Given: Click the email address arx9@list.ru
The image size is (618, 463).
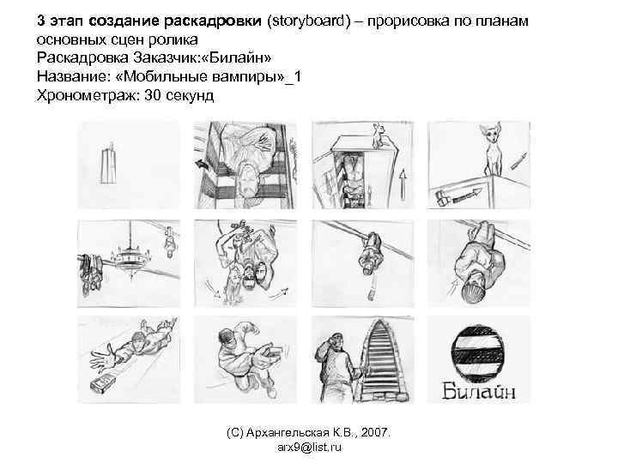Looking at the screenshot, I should pos(309,448).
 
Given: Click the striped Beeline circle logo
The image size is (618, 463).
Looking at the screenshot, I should pos(479,352).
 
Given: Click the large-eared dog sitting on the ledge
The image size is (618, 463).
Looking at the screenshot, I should pos(493,151).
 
